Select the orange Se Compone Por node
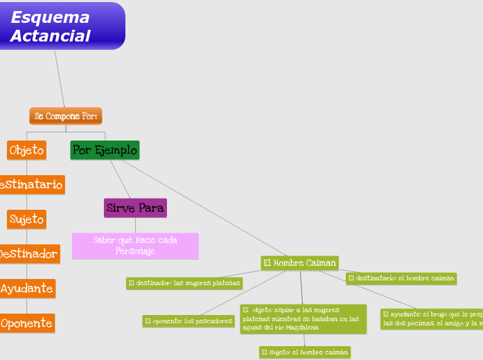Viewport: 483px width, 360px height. click(x=66, y=116)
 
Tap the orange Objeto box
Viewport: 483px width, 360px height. click(x=27, y=150)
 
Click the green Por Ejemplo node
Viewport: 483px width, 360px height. click(x=105, y=150)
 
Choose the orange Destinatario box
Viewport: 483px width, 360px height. click(x=33, y=185)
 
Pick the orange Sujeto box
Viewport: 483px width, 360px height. click(x=27, y=219)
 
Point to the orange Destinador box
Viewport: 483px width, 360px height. click(x=29, y=254)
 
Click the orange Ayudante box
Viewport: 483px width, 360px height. click(x=27, y=289)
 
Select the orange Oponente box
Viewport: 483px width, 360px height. click(x=27, y=323)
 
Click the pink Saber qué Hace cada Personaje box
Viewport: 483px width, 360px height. click(x=135, y=246)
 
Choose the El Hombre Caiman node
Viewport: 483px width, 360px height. click(x=299, y=263)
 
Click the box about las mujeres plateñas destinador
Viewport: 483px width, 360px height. click(x=184, y=283)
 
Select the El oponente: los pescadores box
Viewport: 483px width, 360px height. click(x=188, y=321)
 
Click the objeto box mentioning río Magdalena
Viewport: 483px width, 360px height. click(x=303, y=318)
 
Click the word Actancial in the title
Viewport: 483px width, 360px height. click(x=50, y=36)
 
